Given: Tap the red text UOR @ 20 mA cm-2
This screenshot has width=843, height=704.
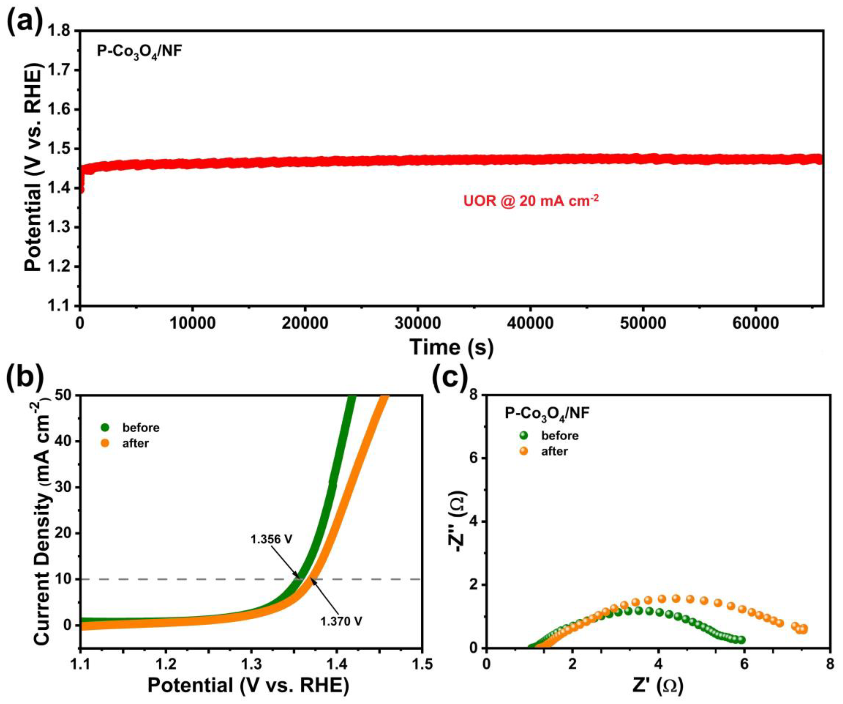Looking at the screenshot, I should [531, 200].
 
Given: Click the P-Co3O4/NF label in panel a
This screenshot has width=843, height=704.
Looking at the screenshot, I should [139, 52].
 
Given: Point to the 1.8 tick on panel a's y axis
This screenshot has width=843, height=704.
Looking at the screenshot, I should [60, 31].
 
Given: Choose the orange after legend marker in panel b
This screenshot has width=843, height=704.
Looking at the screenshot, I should [106, 443].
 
